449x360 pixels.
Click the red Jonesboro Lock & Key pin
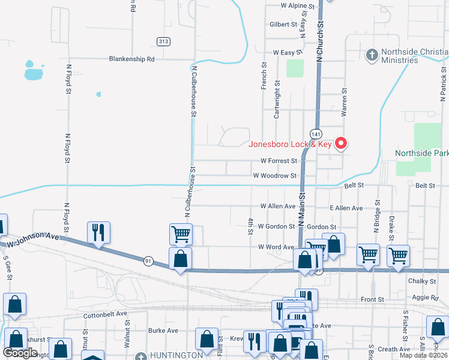point(341,143)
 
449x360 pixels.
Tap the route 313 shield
point(163,41)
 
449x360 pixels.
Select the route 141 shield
point(315,133)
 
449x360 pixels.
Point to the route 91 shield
point(148,260)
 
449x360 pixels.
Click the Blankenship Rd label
point(132,59)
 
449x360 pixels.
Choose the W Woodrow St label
point(275,176)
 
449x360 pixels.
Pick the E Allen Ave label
point(346,208)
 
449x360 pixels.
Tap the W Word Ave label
point(276,247)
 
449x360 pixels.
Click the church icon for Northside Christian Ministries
point(372,55)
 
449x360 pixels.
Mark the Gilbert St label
point(283,25)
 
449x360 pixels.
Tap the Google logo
point(20,353)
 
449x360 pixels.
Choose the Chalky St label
point(423,281)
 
